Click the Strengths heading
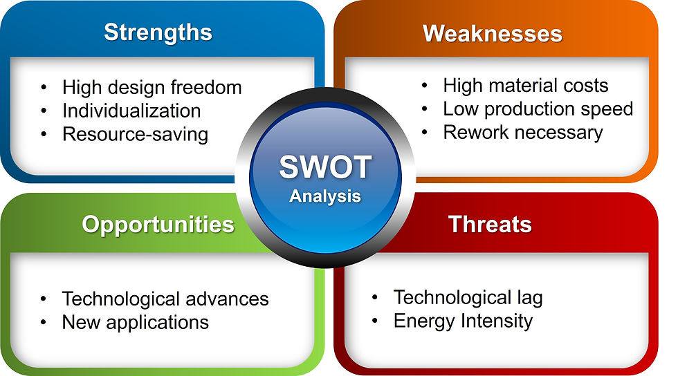coord(158,33)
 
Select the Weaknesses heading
coord(493,34)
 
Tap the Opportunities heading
coord(158,225)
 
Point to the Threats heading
coord(490,225)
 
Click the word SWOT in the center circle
coord(325,167)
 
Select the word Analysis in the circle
coord(325,197)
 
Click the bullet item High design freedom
coord(152,88)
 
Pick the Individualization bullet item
coord(131,111)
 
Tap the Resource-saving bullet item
coord(135,134)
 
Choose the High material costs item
coord(525,86)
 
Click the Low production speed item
coord(538,109)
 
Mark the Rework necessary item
coord(523,133)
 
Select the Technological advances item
coord(165,299)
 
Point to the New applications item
coord(136,322)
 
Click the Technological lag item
coord(468,298)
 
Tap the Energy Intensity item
coord(463,321)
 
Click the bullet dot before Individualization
coord(44,111)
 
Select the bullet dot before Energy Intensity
coord(375,321)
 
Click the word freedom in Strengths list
coord(206,87)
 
